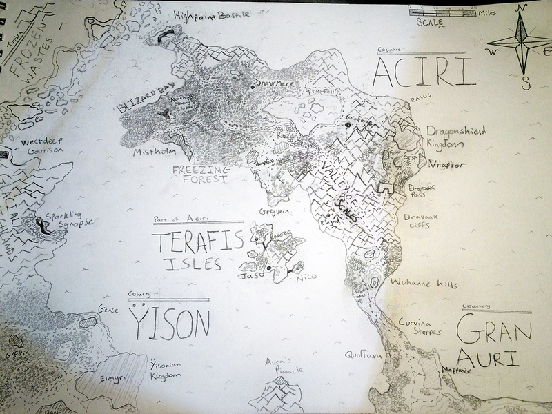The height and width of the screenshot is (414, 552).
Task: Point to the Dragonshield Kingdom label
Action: pos(455,135)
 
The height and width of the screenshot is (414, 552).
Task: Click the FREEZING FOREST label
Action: pos(200,174)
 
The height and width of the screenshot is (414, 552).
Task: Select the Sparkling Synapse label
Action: pos(69,221)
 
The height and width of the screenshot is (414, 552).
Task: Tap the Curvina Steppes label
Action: pos(418,326)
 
